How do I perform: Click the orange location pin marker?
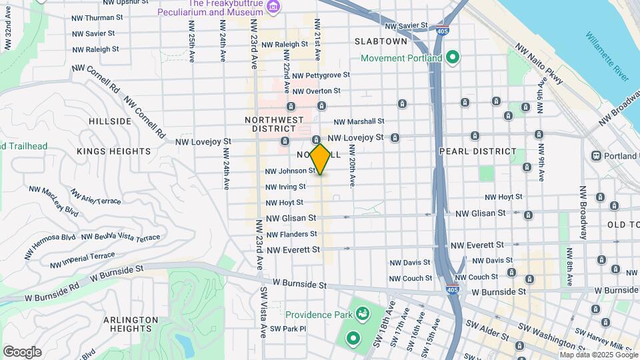pyautogui.click(x=320, y=159)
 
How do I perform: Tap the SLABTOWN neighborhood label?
pyautogui.click(x=381, y=41)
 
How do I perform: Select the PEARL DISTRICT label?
pyautogui.click(x=478, y=151)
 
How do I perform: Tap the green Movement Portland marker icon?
pyautogui.click(x=453, y=58)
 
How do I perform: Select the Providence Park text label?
pyautogui.click(x=318, y=315)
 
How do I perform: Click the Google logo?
pyautogui.click(x=22, y=352)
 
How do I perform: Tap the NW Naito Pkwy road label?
pyautogui.click(x=540, y=64)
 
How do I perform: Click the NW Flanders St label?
pyautogui.click(x=291, y=234)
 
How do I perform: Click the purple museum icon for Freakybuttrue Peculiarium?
pyautogui.click(x=272, y=6)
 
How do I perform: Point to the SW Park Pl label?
pyautogui.click(x=288, y=329)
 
